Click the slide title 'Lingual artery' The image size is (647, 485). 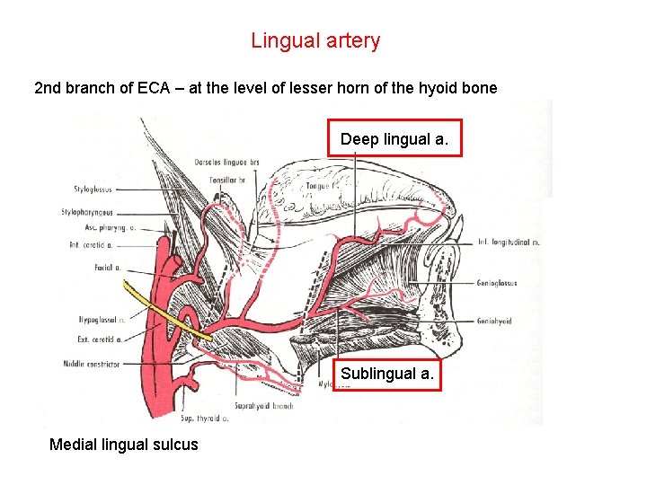point(315,40)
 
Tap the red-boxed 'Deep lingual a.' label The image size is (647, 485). point(394,139)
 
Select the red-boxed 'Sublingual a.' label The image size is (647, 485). point(388,374)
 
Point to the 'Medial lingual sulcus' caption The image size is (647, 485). point(124,445)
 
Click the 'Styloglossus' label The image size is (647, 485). point(93,190)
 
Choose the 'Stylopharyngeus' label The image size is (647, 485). point(88,213)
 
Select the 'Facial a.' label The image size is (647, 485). point(106,268)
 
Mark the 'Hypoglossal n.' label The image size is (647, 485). point(95,319)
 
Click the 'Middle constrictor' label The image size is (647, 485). point(91,364)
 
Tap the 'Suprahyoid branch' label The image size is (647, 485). point(264,406)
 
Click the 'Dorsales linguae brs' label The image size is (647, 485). point(227,162)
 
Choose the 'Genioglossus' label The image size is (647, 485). point(496,282)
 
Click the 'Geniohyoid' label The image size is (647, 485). point(494,321)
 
